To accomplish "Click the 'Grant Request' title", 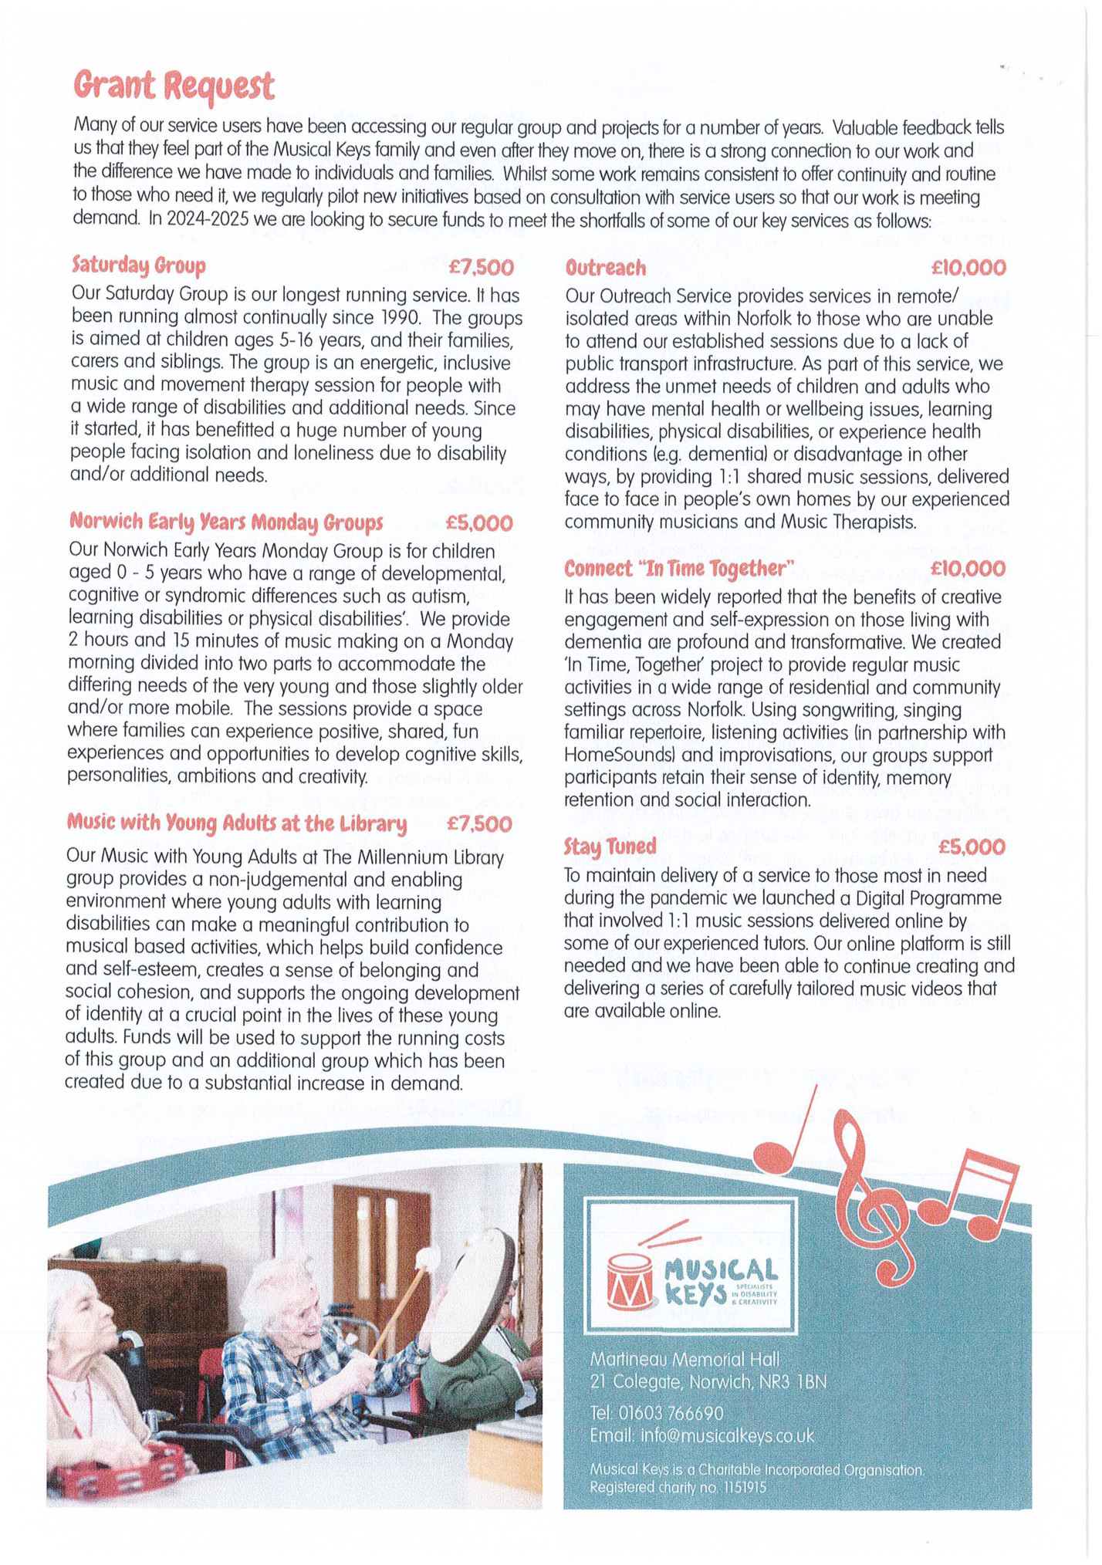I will tap(174, 85).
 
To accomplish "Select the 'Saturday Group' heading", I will tap(139, 265).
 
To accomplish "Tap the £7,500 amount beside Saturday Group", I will tap(481, 267).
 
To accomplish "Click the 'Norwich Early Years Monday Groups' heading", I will tap(226, 522).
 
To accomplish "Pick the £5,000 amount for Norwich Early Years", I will tap(479, 523).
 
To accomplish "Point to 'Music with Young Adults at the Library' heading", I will tap(236, 823).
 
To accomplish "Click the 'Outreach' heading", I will tap(605, 268).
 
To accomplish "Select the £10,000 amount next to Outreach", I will tap(968, 268).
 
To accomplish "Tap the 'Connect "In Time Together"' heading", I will tap(679, 569).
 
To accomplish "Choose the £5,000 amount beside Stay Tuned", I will tap(972, 847).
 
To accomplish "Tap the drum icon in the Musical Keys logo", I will tap(629, 1280).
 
